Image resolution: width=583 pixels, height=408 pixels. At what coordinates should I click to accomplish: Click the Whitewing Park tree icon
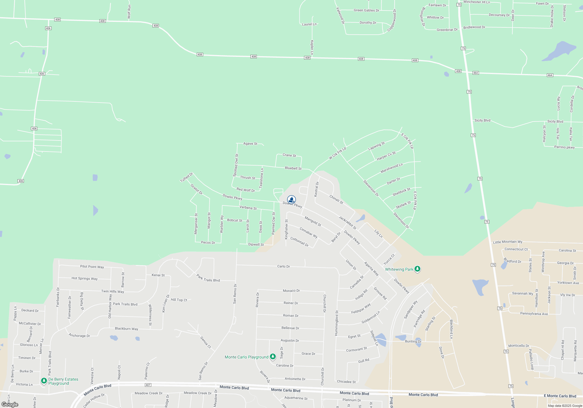click(x=417, y=269)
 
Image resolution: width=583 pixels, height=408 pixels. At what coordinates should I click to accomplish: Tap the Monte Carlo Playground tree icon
click(x=273, y=356)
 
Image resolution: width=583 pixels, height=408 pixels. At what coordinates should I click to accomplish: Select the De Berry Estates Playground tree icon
click(x=44, y=381)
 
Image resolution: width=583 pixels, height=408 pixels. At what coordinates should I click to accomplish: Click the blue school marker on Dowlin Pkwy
click(x=291, y=200)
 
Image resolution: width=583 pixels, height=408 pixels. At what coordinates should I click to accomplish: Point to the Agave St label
click(x=250, y=144)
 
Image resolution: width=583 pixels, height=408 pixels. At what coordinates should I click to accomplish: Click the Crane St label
click(x=289, y=155)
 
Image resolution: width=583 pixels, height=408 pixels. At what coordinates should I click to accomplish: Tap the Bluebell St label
click(x=293, y=168)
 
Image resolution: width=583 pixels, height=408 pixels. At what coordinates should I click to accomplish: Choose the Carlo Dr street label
click(x=283, y=266)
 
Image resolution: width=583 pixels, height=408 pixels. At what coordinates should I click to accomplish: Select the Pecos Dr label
click(x=208, y=242)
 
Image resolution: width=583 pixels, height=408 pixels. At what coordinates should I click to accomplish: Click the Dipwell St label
click(x=256, y=245)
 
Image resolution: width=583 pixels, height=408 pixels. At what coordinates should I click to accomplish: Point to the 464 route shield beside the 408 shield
click(x=475, y=73)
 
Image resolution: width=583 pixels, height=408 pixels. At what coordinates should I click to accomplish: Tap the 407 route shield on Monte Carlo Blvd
click(x=148, y=385)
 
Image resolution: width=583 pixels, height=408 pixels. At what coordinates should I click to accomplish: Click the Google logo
click(x=10, y=404)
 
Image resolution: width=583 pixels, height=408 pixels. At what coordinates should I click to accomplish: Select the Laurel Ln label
click(x=309, y=24)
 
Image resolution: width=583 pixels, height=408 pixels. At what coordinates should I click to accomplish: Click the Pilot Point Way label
click(x=92, y=267)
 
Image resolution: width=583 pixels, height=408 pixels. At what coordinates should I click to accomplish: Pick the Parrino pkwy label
click(x=564, y=147)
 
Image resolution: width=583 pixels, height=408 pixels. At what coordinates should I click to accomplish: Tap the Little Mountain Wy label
click(x=508, y=242)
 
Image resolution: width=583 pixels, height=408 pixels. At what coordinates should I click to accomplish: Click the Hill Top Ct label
click(x=179, y=300)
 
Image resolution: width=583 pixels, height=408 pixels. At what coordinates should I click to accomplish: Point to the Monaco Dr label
click(x=291, y=291)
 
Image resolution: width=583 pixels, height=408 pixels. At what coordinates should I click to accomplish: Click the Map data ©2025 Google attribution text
click(x=565, y=406)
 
